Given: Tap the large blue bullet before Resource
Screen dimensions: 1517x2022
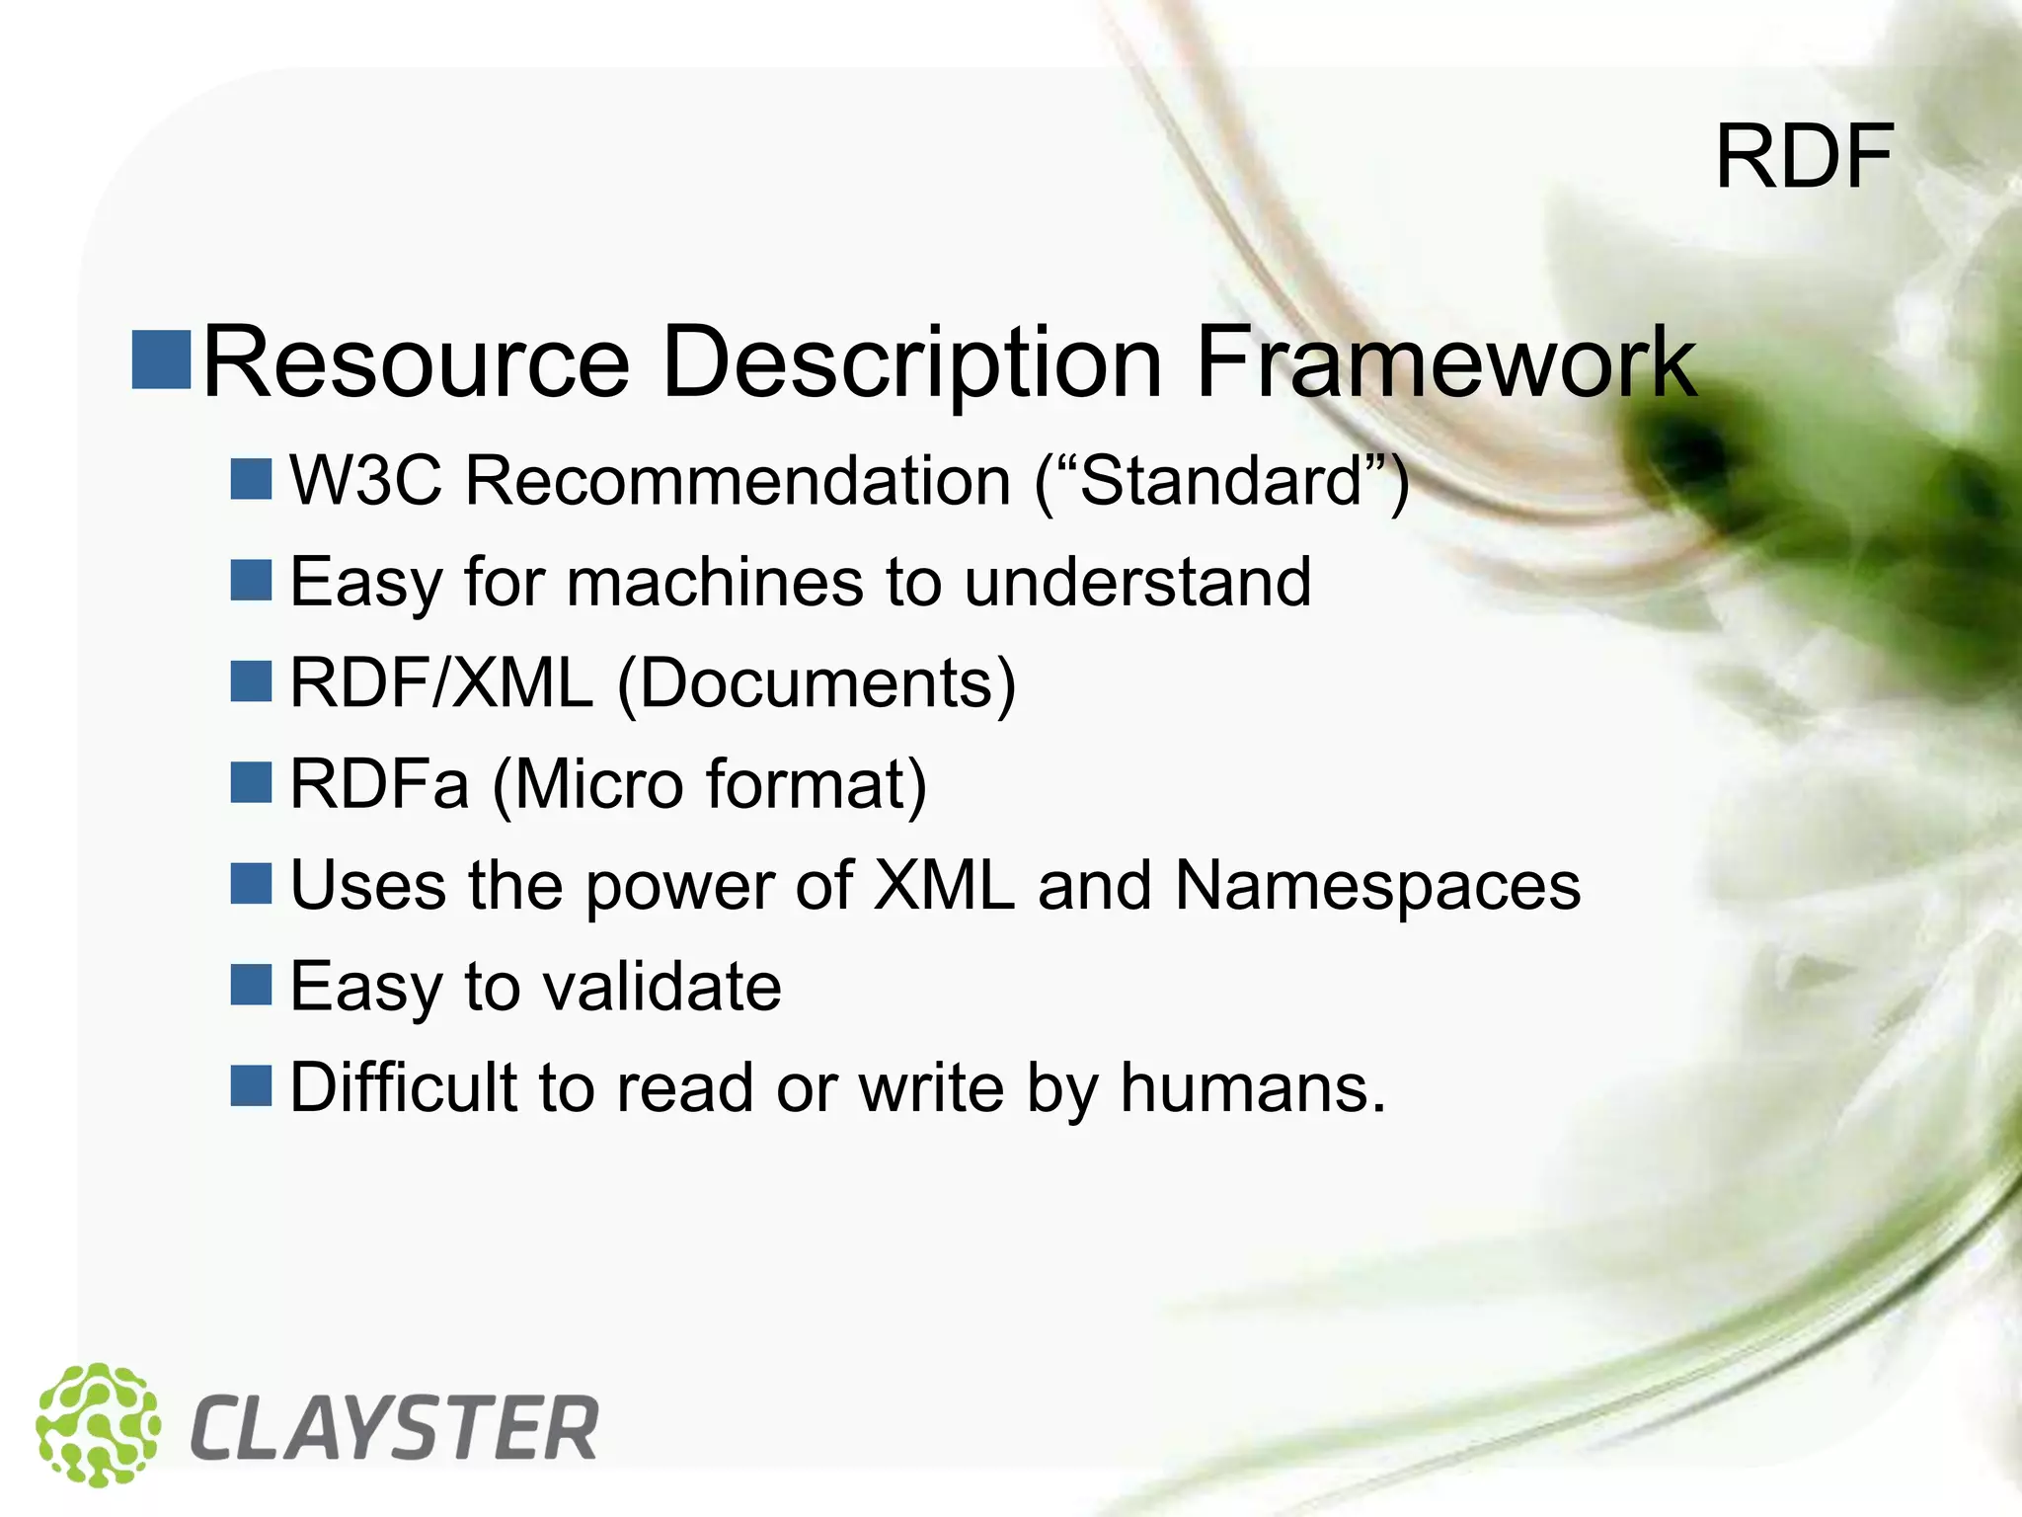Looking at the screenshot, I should point(161,359).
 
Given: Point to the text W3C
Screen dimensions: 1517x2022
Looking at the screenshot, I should point(365,481).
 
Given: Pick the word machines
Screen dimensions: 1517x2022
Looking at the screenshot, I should point(715,582).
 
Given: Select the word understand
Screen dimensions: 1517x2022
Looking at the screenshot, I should point(1137,582).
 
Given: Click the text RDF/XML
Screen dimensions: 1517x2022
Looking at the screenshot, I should point(440,682).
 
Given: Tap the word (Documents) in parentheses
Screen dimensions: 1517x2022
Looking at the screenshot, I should point(817,682).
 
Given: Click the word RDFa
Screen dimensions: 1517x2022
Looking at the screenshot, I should point(379,784).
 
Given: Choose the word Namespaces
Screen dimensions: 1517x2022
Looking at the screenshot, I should point(1377,885).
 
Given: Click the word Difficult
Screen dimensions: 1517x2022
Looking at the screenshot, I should point(403,1087).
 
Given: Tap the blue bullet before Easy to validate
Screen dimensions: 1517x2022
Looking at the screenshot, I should point(251,984).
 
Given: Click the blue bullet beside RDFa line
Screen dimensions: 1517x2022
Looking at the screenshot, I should point(251,782).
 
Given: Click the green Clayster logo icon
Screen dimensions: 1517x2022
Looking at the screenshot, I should point(98,1424).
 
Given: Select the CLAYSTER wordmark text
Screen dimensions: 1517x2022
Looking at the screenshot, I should point(393,1428).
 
